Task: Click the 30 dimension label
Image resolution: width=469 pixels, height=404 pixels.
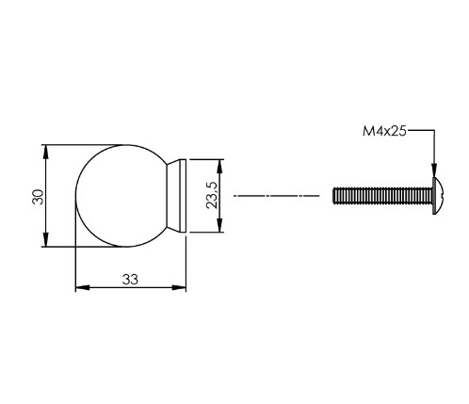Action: click(x=37, y=196)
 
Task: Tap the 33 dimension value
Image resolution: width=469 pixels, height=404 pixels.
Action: click(x=130, y=278)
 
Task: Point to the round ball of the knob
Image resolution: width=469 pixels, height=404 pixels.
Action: click(x=118, y=196)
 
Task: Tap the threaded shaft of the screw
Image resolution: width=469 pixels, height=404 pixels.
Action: click(x=381, y=196)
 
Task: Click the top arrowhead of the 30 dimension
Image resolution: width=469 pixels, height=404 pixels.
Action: click(x=46, y=149)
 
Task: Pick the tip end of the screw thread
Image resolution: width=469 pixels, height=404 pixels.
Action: click(x=336, y=196)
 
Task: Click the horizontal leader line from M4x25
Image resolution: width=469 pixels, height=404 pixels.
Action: click(x=422, y=133)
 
